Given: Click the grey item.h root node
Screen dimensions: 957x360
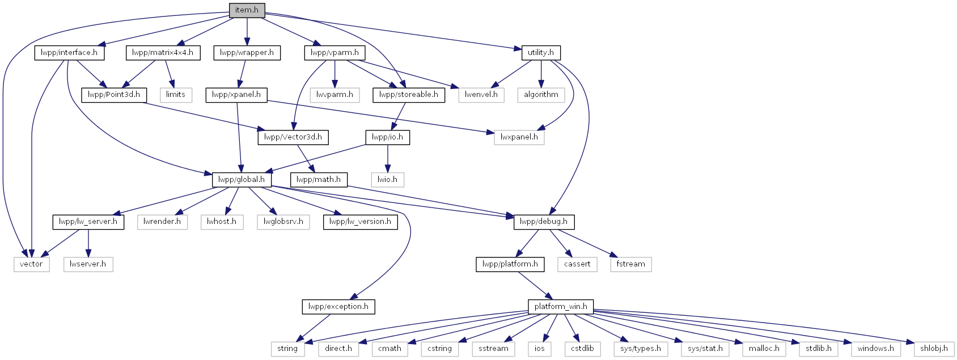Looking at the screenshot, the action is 247,10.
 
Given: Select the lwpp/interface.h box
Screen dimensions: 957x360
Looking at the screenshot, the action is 69,53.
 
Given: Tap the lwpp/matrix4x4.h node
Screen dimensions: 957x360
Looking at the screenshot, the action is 163,53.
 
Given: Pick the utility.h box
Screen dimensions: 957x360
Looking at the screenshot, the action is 541,53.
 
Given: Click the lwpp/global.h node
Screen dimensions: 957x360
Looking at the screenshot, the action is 242,180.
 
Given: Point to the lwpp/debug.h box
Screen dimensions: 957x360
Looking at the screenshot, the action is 544,222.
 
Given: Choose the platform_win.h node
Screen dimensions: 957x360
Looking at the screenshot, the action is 561,307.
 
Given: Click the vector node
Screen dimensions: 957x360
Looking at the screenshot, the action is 31,264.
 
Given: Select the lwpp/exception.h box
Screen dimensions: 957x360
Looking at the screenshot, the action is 338,307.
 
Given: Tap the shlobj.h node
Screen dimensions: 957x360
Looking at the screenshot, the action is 934,349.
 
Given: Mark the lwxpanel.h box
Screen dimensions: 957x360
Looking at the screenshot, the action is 519,138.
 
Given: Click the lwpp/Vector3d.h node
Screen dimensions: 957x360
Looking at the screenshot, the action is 293,138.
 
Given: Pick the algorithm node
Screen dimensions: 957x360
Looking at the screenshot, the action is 541,95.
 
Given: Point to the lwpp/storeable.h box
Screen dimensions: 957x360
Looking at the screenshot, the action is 409,95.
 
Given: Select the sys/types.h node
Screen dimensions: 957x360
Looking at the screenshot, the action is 641,349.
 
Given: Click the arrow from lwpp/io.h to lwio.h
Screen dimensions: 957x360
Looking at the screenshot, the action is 387,158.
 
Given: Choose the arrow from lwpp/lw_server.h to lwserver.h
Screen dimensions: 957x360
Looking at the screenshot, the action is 88,243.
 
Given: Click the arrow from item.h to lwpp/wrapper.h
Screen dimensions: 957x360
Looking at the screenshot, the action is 247,32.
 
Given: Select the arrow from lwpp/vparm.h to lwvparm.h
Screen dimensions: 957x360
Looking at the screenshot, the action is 334,74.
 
